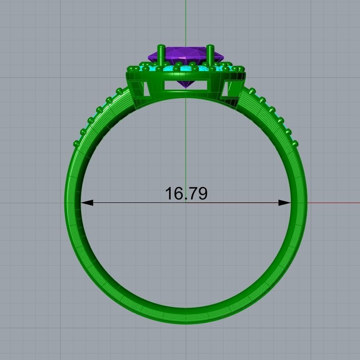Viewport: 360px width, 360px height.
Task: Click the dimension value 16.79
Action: coord(186,193)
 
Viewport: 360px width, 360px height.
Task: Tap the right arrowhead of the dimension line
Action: coord(285,202)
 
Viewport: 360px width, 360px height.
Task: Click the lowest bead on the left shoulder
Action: coord(76,143)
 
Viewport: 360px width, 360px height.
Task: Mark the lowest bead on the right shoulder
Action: coord(295,143)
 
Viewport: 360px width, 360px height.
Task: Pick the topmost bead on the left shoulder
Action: coord(119,90)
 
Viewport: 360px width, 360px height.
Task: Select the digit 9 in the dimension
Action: coord(202,194)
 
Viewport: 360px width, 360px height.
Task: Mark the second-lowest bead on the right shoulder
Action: coord(289,131)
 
